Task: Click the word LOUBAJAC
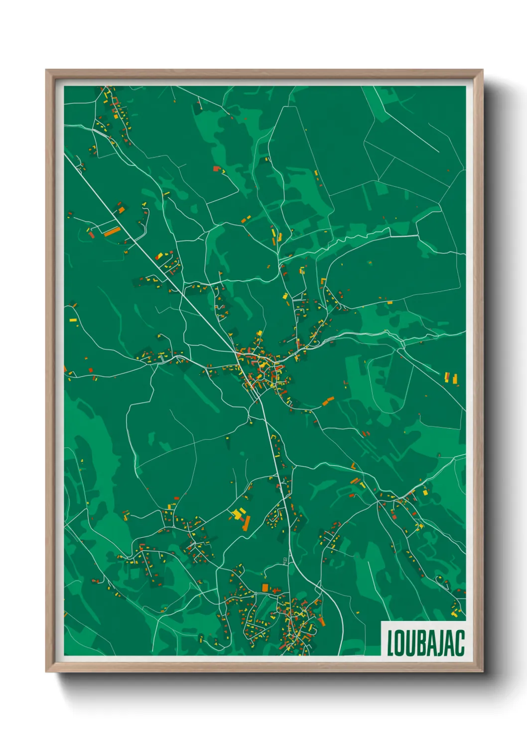click(425, 643)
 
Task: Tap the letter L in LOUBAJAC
click(391, 643)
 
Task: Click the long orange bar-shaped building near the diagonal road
click(112, 232)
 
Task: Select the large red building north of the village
click(216, 169)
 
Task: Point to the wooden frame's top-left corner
click(46, 70)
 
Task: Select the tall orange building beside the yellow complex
click(247, 523)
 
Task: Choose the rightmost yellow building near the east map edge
click(455, 379)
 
